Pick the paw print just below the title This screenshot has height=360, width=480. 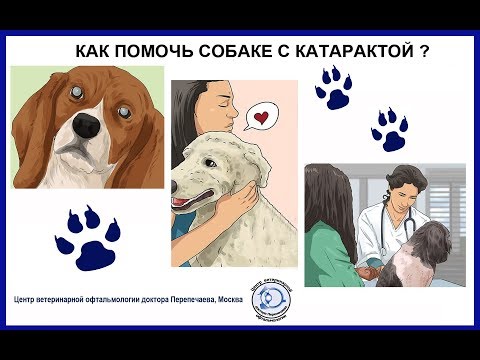click(x=333, y=89)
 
